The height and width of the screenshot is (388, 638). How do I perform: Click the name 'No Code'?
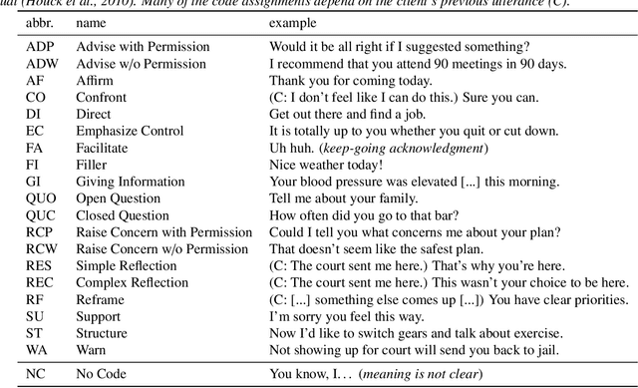(x=102, y=375)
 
